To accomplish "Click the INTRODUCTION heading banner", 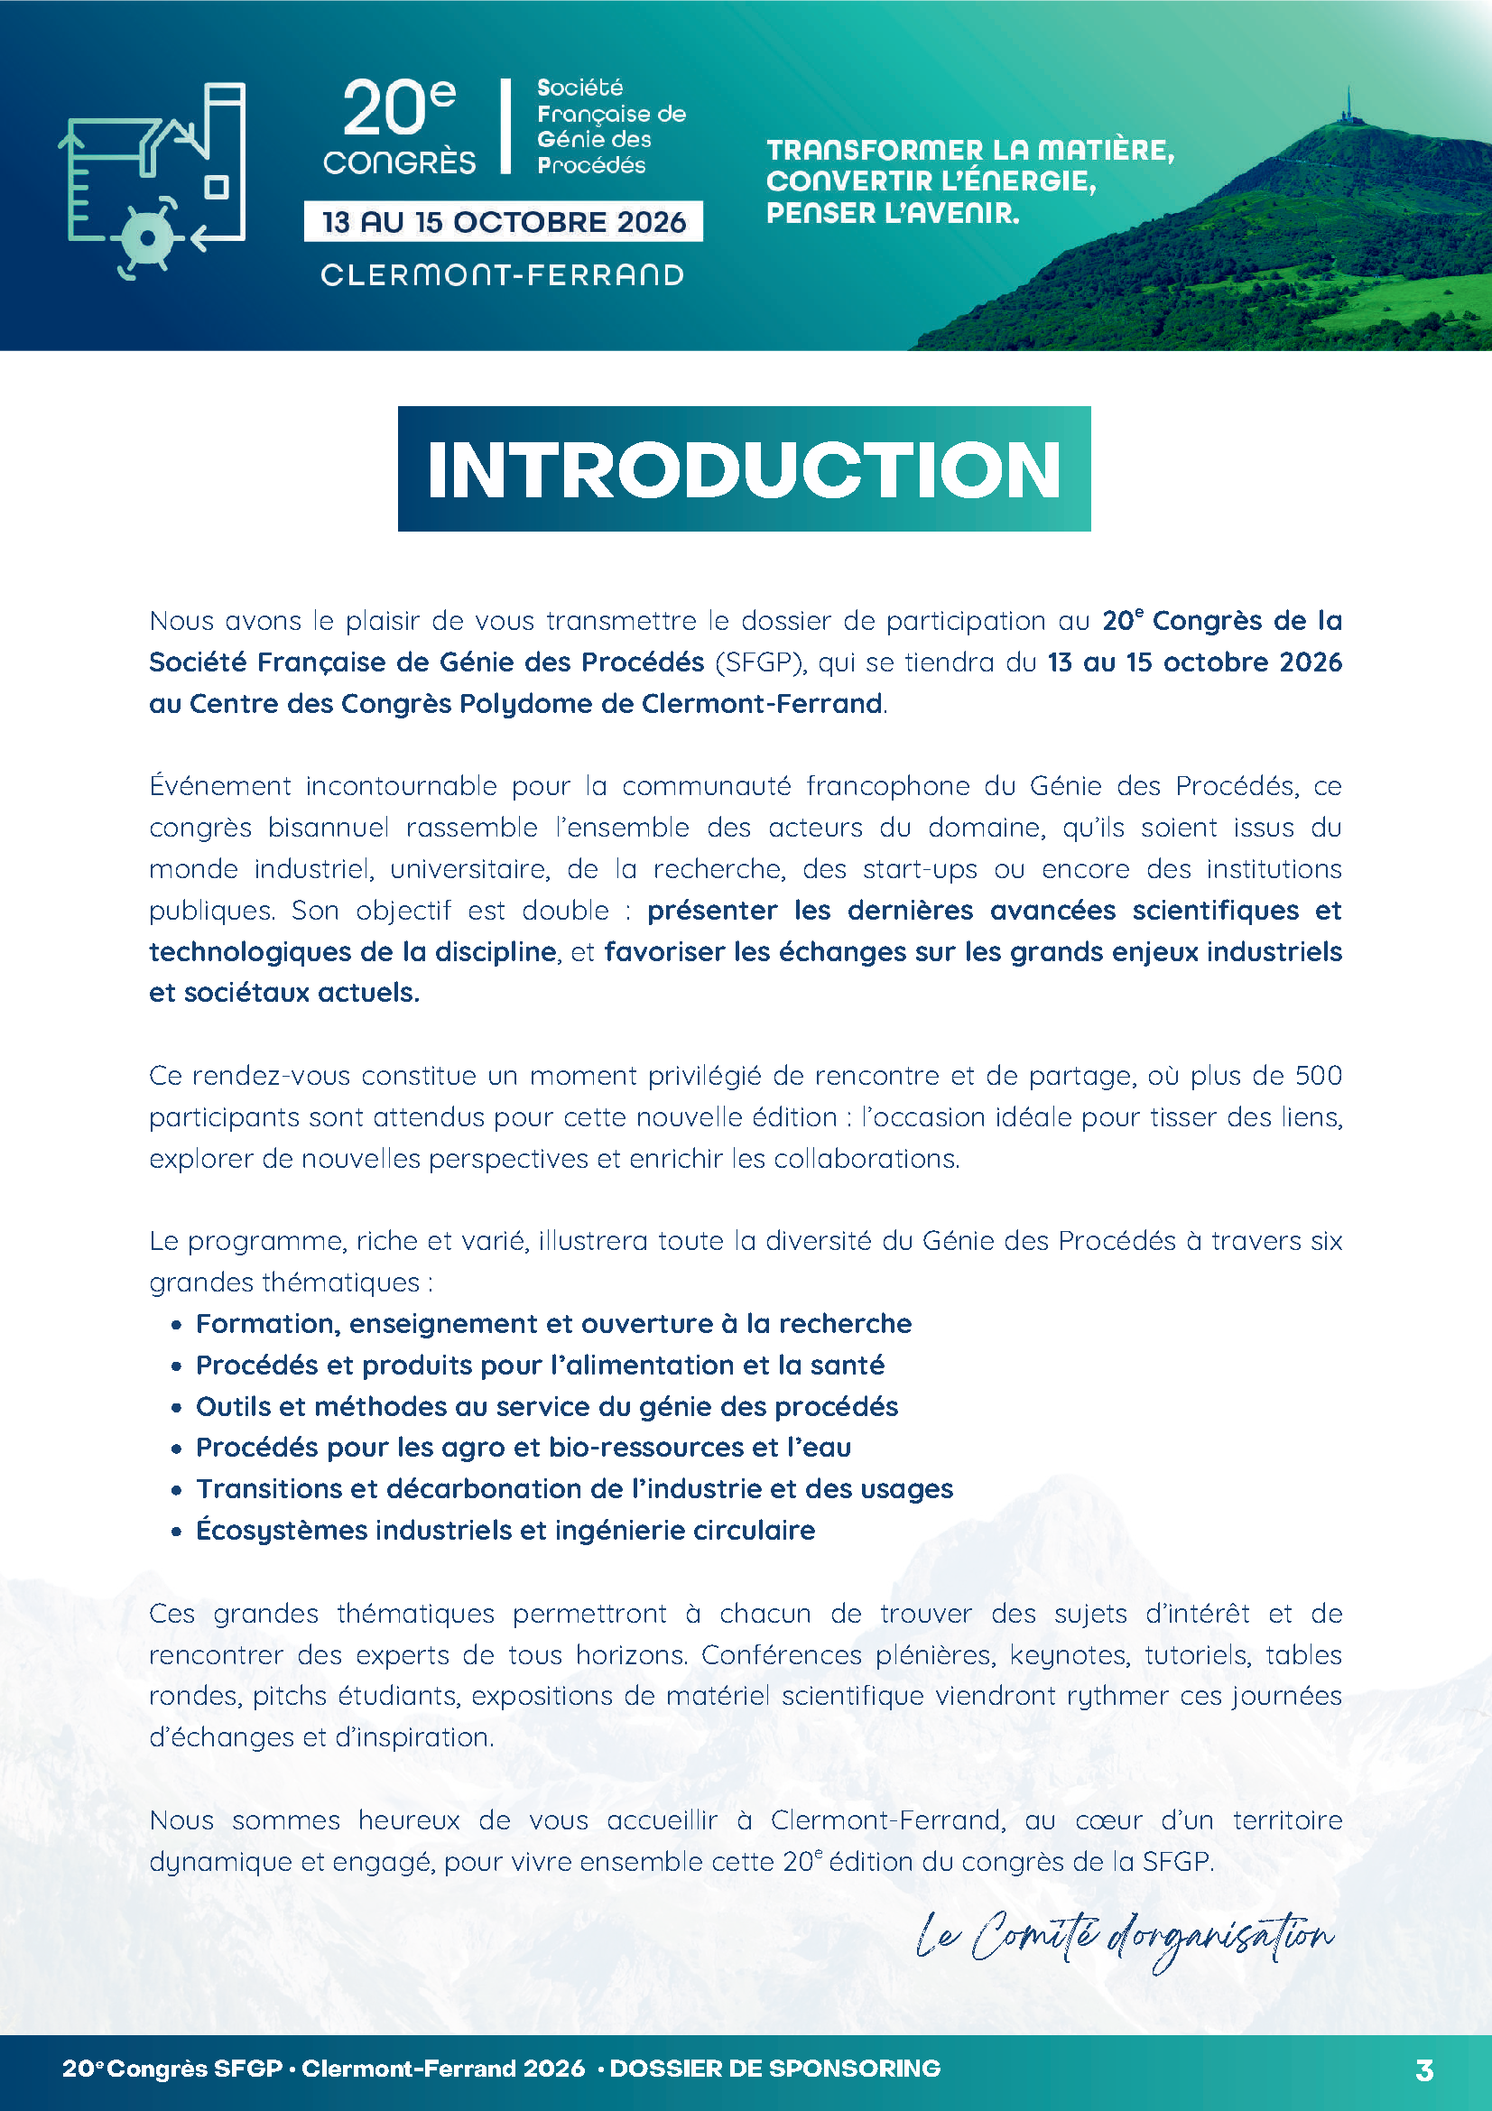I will [744, 469].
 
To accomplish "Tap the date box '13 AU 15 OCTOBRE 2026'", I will [503, 222].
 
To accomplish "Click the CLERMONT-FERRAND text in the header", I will [503, 275].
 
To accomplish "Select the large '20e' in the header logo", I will [398, 108].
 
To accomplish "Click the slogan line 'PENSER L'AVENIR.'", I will [893, 213].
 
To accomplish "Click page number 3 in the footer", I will [1424, 2070].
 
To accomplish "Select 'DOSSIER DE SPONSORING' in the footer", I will [775, 2069].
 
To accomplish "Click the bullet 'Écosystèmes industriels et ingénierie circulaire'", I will [505, 1530].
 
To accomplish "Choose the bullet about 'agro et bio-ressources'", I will [524, 1447].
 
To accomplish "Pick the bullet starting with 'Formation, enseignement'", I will [553, 1323].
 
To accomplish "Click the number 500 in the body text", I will [1319, 1076].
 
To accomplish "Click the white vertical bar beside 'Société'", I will [505, 126].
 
